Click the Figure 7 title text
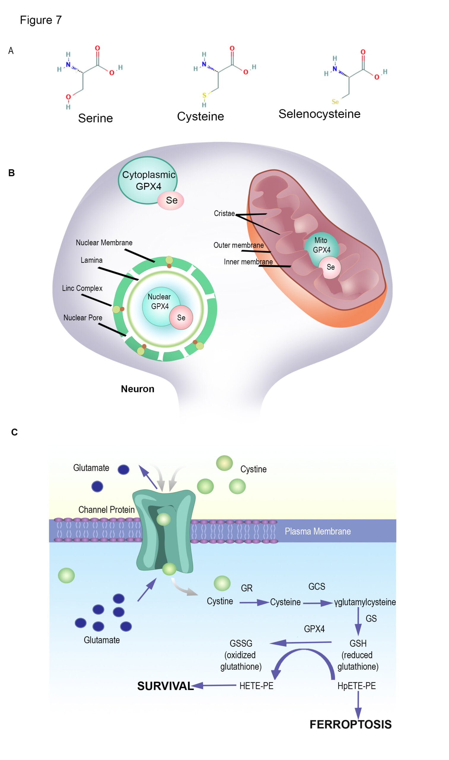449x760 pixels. click(x=41, y=20)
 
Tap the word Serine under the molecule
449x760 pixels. click(x=95, y=118)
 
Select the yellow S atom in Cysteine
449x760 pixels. click(x=204, y=95)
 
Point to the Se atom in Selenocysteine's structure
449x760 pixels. click(x=335, y=102)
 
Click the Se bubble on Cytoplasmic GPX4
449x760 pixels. click(x=171, y=200)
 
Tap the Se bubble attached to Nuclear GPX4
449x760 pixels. click(x=181, y=318)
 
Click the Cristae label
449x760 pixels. click(x=224, y=213)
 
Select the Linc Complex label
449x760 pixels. click(x=82, y=288)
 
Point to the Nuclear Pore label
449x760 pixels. click(x=83, y=318)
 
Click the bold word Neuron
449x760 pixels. click(x=138, y=389)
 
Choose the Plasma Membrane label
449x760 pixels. click(x=318, y=531)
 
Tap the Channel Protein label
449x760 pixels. click(x=106, y=510)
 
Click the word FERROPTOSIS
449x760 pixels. click(x=350, y=725)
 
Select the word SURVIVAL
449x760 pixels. click(x=165, y=686)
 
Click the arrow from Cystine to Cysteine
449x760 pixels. click(x=254, y=603)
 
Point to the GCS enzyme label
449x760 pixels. click(x=316, y=587)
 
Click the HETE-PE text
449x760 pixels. click(x=256, y=686)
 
